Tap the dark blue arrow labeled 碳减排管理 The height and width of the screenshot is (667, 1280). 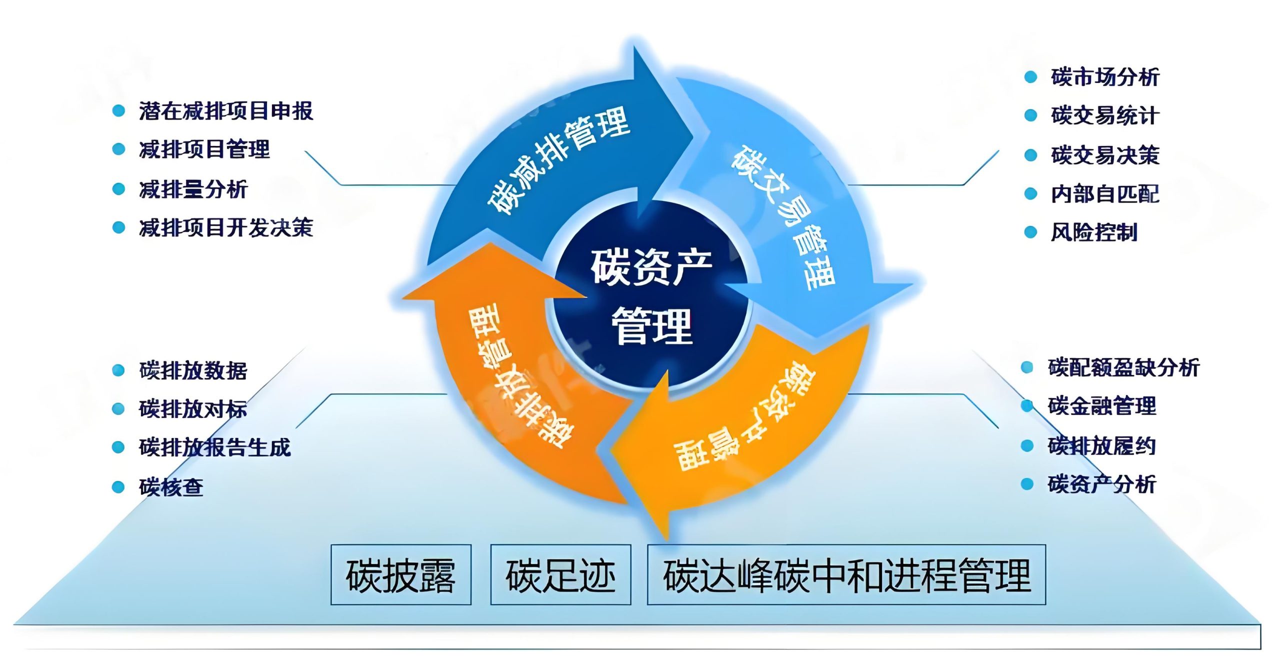[x=555, y=160]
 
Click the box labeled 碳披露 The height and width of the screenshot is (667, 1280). [x=400, y=575]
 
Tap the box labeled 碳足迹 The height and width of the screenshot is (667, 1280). [x=560, y=575]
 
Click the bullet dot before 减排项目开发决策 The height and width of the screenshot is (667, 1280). [x=118, y=228]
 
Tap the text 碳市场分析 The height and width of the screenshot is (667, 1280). [x=1105, y=77]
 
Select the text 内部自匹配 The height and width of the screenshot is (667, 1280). [x=1105, y=193]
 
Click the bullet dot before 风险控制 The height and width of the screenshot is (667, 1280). [x=1030, y=232]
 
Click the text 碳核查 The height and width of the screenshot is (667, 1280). [x=171, y=486]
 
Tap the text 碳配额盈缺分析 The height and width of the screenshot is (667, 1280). [x=1123, y=367]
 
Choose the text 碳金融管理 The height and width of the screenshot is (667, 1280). [x=1102, y=406]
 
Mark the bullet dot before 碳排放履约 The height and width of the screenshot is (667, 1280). [x=1027, y=445]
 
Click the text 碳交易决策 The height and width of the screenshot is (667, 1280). [x=1105, y=155]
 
